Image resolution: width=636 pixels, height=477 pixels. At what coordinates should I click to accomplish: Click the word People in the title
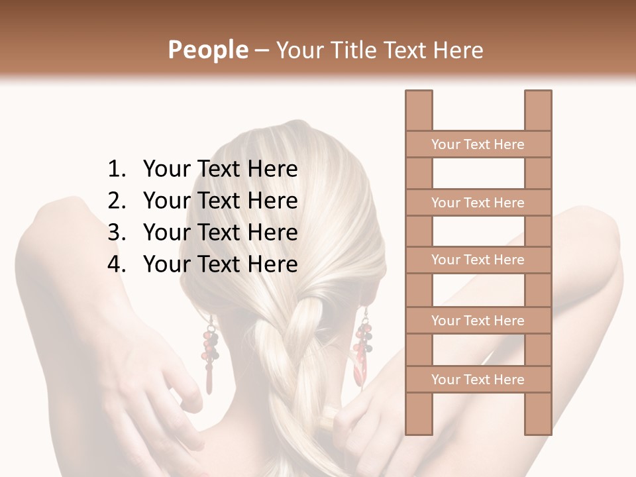pos(207,50)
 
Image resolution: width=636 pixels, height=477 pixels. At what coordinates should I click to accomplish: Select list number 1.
pos(117,170)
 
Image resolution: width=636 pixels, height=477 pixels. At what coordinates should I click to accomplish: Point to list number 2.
pos(117,201)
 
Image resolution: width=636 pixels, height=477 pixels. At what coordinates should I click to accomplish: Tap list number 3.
pos(117,233)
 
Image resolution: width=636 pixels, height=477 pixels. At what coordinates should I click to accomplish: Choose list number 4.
pos(117,264)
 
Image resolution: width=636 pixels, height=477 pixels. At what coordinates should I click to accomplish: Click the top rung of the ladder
pos(478,144)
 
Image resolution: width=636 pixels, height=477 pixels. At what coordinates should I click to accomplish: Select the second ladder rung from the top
pos(478,203)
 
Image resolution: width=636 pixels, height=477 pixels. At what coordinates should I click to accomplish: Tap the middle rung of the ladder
pos(478,260)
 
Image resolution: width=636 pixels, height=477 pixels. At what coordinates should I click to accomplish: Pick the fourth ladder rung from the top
pos(478,321)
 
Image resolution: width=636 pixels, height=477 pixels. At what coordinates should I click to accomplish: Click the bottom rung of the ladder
pos(478,380)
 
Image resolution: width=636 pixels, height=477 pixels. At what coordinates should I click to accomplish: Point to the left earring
pos(210,351)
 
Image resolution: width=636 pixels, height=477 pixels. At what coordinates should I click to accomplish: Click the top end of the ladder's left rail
pos(419,94)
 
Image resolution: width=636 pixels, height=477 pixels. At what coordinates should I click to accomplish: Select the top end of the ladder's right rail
pos(538,94)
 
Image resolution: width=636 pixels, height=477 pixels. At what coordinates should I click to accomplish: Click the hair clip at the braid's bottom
pos(329,418)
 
